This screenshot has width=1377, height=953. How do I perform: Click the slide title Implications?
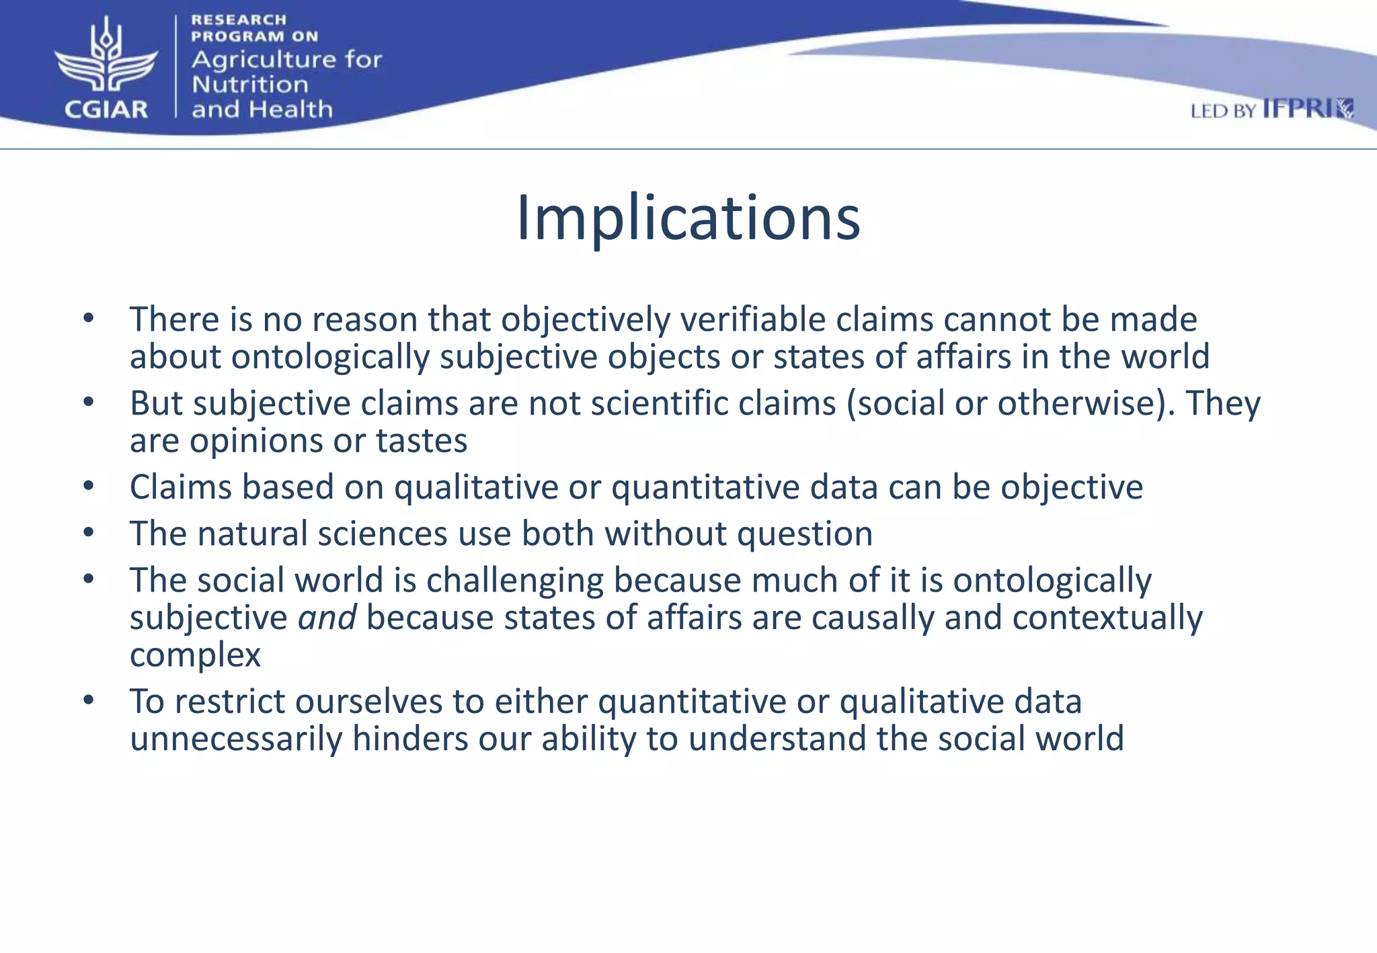[688, 218]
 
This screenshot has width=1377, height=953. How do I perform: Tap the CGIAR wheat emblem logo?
[106, 56]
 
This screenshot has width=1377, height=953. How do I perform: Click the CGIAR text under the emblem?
[106, 109]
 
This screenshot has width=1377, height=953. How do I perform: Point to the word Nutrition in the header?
[250, 85]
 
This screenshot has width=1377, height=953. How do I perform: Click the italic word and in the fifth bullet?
[327, 617]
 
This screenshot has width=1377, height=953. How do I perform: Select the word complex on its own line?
[195, 655]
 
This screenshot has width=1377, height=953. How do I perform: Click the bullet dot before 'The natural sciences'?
[89, 533]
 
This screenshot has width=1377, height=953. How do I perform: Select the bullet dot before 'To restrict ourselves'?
[89, 701]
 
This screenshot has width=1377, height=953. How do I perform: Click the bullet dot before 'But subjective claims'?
[89, 403]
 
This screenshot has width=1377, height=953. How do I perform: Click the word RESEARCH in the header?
[239, 20]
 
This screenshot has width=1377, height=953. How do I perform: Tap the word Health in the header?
[297, 109]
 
